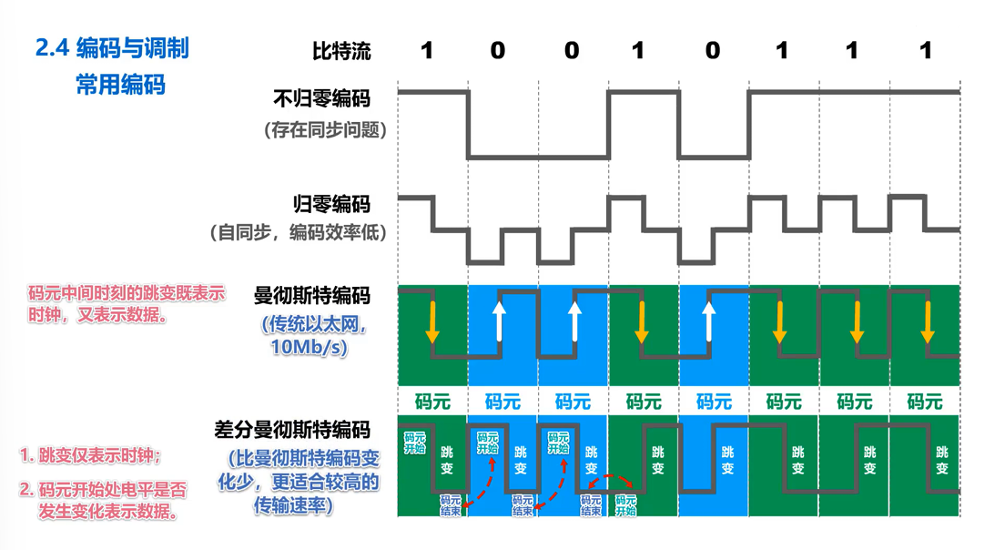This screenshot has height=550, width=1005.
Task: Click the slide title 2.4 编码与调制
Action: click(112, 47)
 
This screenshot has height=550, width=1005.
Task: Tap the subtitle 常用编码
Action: click(120, 86)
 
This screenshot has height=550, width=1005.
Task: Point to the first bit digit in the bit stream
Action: click(426, 50)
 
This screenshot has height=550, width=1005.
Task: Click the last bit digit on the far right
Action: click(926, 50)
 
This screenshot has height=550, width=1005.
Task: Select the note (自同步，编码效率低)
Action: click(299, 233)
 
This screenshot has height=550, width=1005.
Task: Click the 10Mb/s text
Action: click(309, 347)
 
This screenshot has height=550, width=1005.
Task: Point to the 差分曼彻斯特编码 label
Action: click(292, 429)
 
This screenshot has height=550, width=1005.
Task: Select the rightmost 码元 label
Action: click(924, 401)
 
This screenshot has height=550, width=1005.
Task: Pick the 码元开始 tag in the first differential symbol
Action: click(414, 443)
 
